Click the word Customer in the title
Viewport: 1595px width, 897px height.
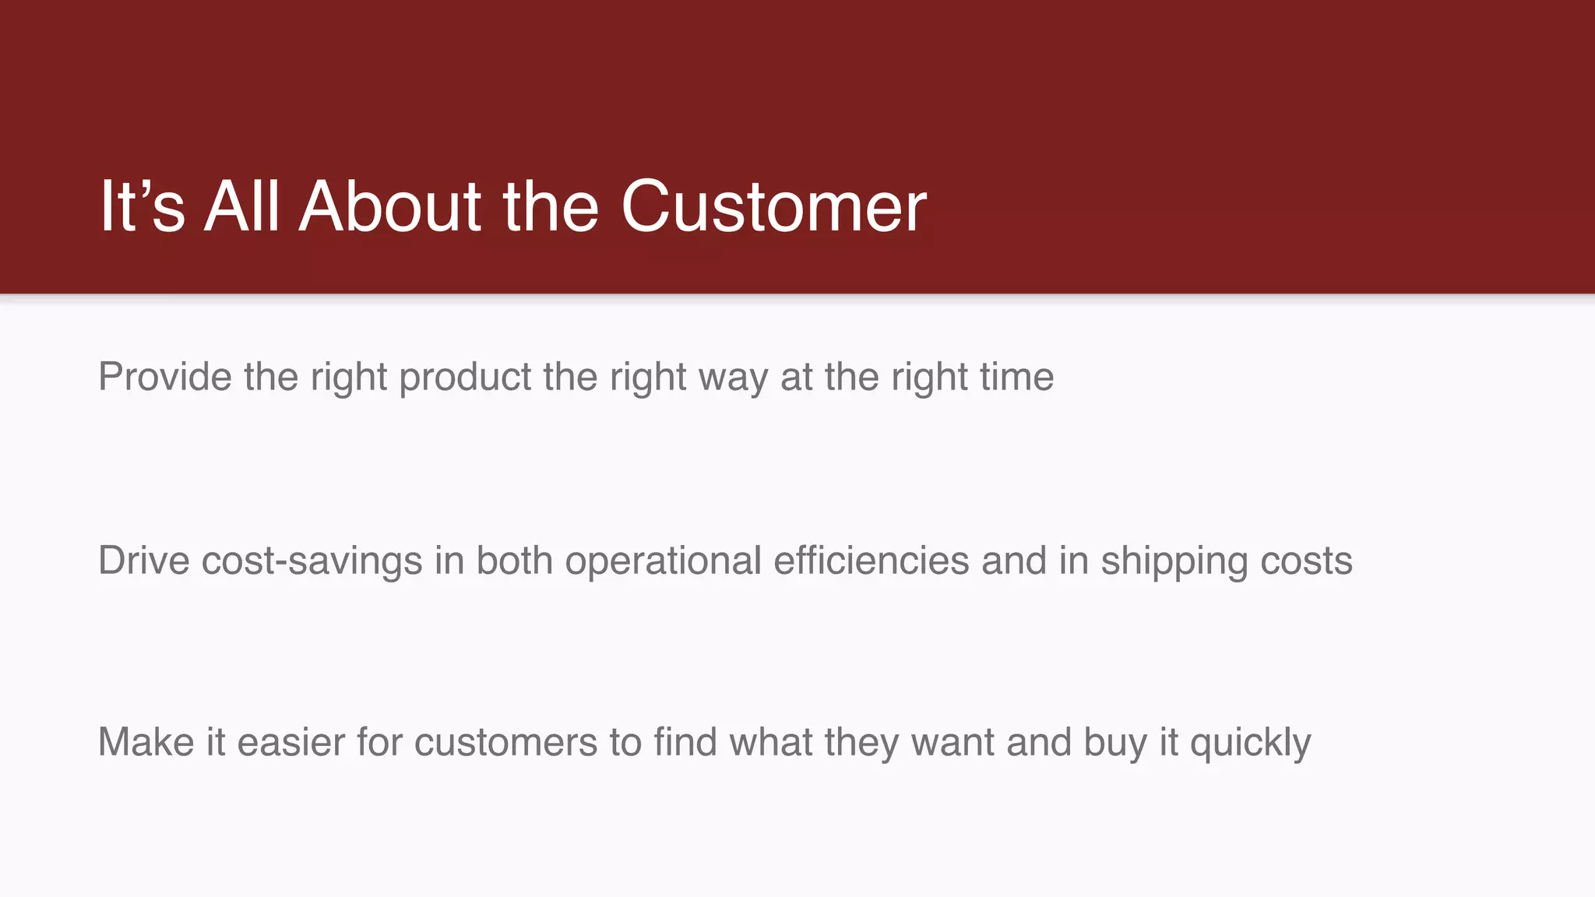click(773, 207)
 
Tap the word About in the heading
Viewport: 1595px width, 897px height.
click(390, 207)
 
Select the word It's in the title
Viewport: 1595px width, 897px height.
click(143, 207)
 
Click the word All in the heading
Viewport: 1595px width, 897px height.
click(241, 207)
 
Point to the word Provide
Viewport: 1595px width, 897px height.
click(165, 377)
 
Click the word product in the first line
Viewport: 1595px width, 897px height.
click(465, 377)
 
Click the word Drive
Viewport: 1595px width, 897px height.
click(143, 561)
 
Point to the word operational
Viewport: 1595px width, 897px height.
click(663, 562)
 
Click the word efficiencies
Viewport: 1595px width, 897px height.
click(871, 561)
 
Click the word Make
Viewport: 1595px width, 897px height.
click(146, 742)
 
